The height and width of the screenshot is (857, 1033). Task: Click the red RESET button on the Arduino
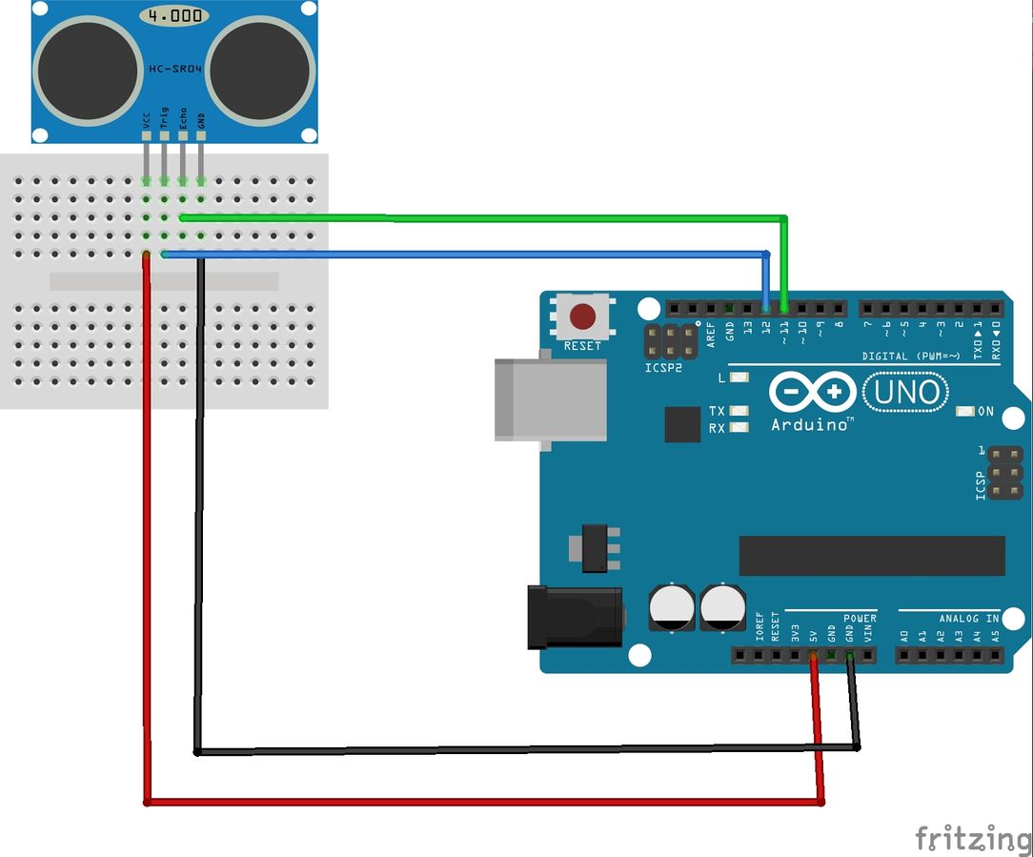click(582, 316)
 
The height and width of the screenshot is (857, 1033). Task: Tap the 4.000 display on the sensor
click(173, 15)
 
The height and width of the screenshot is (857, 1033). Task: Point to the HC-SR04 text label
click(174, 70)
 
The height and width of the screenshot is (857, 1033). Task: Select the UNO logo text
click(905, 392)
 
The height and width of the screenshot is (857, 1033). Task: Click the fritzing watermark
click(972, 839)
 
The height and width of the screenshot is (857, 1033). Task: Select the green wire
click(476, 218)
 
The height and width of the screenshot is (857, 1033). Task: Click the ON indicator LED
click(964, 412)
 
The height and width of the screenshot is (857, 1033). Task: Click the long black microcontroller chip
click(872, 556)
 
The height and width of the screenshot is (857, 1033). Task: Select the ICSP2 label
click(663, 367)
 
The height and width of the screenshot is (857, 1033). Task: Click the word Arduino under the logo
click(809, 425)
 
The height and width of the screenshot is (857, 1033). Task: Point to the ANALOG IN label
click(969, 619)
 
